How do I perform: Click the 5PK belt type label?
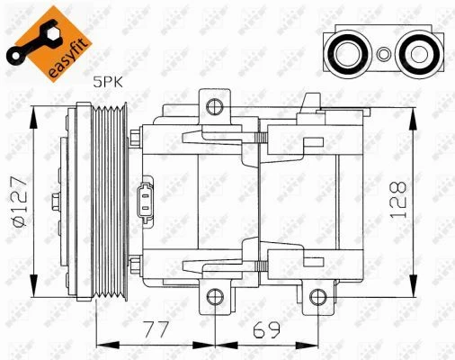click(x=108, y=82)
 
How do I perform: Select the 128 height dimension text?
click(x=397, y=199)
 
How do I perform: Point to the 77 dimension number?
click(x=156, y=329)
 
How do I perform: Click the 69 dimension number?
click(x=266, y=329)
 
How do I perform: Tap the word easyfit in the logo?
click(x=68, y=58)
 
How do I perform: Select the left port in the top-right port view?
click(x=348, y=54)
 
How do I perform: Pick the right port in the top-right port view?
click(x=418, y=54)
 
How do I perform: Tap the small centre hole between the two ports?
click(x=383, y=55)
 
